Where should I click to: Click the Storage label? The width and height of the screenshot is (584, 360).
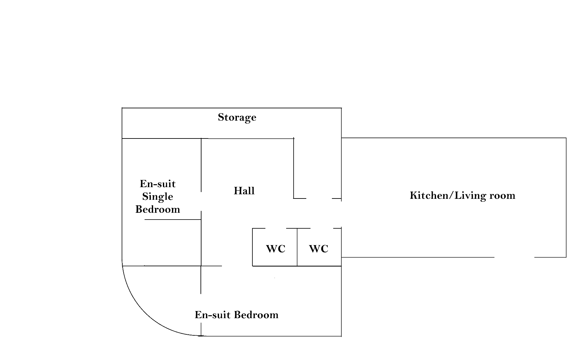(x=237, y=117)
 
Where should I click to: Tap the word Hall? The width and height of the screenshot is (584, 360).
(x=244, y=191)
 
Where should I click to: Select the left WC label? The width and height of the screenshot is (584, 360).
(x=275, y=249)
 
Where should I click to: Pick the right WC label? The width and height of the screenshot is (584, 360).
(x=319, y=249)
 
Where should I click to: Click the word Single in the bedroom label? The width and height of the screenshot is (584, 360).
(x=158, y=197)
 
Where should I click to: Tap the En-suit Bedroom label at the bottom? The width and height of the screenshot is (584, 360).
(x=237, y=315)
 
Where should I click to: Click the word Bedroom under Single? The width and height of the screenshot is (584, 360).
(x=158, y=209)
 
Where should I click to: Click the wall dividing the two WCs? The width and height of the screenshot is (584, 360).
(x=297, y=247)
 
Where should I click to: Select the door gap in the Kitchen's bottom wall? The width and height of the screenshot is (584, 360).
(x=514, y=257)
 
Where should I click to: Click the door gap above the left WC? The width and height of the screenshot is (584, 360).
(x=275, y=228)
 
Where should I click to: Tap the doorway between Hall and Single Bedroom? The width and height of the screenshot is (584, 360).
(x=201, y=201)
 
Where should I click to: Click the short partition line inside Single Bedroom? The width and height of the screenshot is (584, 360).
(x=173, y=220)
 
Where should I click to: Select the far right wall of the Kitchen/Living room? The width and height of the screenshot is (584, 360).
(x=566, y=198)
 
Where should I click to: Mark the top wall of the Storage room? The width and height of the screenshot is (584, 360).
(x=232, y=108)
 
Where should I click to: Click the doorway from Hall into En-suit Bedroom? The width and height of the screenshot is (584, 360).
(x=237, y=266)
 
